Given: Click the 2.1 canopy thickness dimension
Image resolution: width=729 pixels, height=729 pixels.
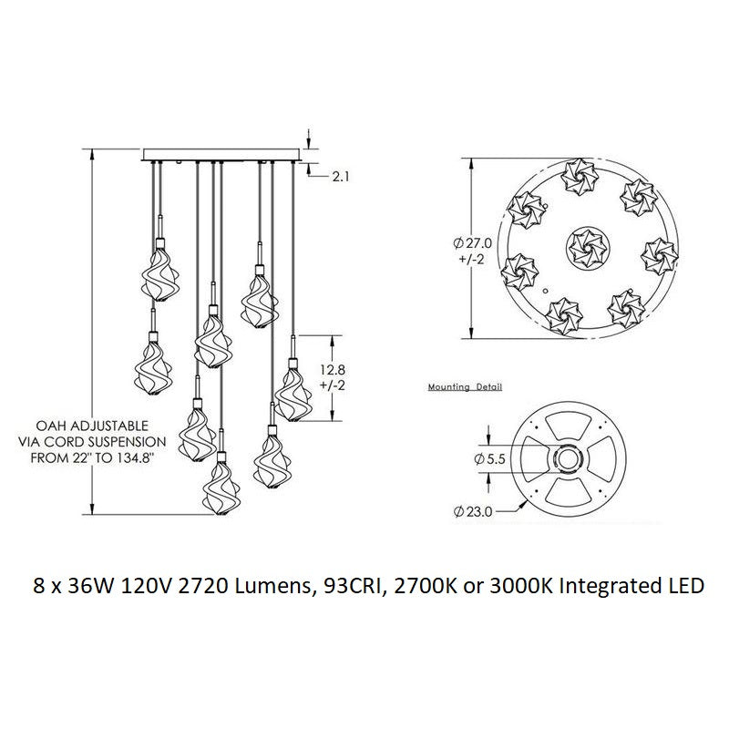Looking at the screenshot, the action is coord(340,177).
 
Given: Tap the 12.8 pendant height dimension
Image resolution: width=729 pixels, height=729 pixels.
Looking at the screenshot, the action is coord(333,370).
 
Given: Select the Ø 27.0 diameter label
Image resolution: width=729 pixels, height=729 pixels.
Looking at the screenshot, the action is coord(472,243).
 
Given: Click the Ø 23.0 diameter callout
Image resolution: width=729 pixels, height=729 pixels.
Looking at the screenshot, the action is coord(472,512).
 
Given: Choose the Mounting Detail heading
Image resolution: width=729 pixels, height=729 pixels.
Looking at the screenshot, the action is coord(465,386).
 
